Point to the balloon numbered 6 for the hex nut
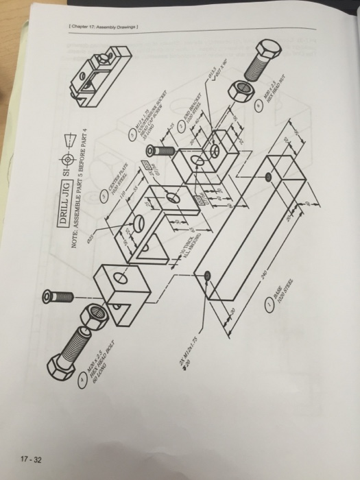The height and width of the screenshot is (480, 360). (x=258, y=108)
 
